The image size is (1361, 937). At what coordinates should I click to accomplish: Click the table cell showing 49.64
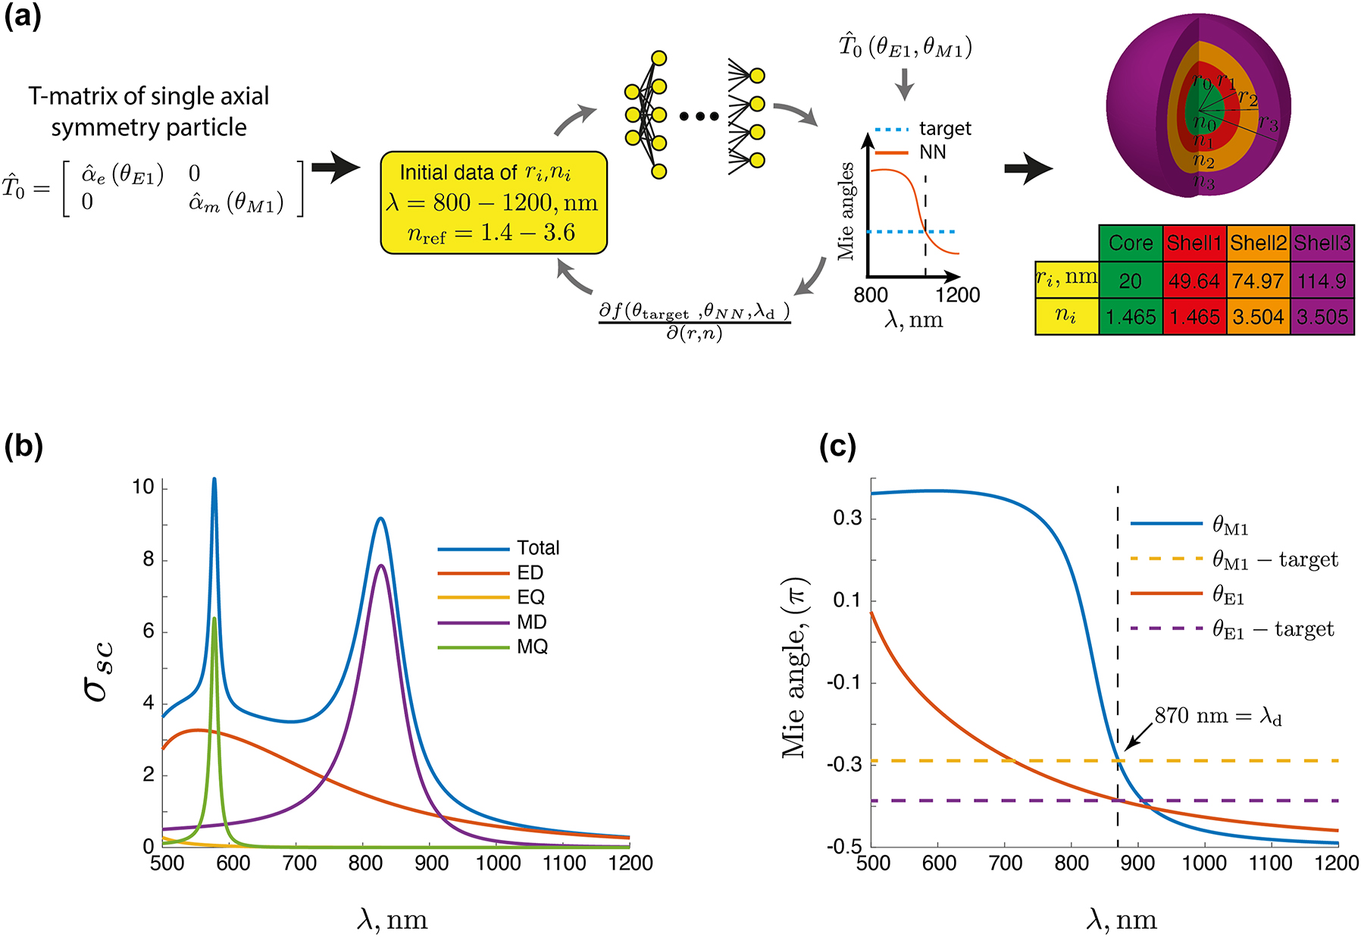point(1194,281)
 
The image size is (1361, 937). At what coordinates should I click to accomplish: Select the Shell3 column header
point(1322,243)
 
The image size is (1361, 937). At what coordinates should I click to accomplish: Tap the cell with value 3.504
point(1258,316)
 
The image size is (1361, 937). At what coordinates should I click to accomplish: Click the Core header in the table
point(1130,243)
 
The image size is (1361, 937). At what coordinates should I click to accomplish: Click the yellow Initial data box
point(493,202)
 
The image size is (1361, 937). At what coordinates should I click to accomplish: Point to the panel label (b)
point(23,447)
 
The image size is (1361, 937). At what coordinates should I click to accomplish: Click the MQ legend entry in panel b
point(532,647)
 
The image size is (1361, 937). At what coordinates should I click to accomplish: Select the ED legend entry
point(530,572)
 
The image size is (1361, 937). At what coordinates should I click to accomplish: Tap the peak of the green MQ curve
point(214,619)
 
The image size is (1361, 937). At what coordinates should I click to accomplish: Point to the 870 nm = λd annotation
point(1218,716)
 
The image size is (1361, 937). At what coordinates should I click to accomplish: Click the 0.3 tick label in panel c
point(846,519)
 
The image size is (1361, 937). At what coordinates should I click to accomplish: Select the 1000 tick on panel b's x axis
point(498,863)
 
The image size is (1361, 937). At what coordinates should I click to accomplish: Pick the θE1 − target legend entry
point(1273,629)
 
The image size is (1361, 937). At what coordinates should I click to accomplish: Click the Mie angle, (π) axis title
point(795,668)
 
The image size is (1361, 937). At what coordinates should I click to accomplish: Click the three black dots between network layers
point(699,116)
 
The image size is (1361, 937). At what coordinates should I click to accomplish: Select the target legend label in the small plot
point(945,129)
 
